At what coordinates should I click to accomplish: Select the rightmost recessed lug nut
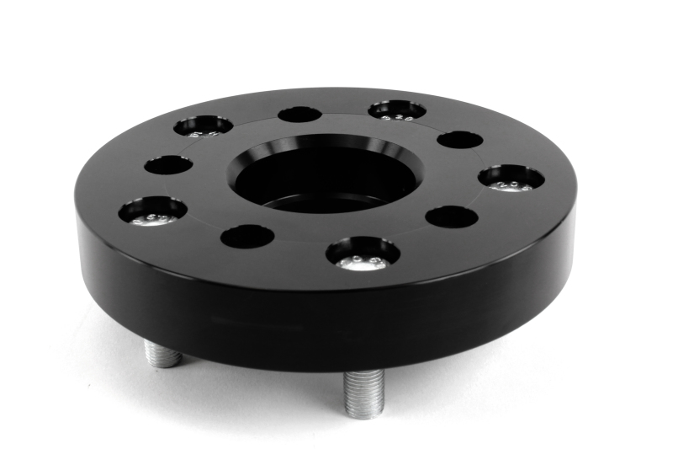[511, 178]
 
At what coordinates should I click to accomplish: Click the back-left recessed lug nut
[203, 126]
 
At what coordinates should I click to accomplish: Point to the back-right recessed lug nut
[396, 110]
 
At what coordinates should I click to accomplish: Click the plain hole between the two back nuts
[299, 114]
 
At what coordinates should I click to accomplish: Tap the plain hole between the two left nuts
[167, 164]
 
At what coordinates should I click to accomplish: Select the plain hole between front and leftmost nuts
[247, 236]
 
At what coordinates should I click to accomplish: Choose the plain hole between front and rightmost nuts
[452, 216]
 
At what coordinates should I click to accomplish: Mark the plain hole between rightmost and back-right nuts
[460, 139]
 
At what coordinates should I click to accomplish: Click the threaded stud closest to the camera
[363, 390]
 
